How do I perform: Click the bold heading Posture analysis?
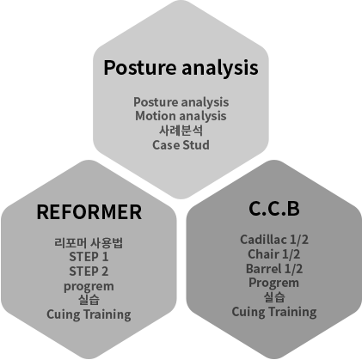click(181, 68)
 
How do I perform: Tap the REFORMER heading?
click(89, 212)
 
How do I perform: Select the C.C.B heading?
click(274, 208)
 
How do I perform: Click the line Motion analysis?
click(181, 116)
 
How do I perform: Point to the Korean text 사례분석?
click(181, 131)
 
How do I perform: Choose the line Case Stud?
click(181, 145)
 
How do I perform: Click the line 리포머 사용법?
click(89, 243)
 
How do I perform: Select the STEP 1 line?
click(89, 257)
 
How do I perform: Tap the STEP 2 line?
click(89, 272)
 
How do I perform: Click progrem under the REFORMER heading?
click(89, 286)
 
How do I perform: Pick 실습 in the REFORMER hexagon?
click(89, 300)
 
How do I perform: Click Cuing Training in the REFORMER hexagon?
click(89, 314)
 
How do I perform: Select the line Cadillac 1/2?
click(274, 240)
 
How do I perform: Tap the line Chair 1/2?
click(274, 254)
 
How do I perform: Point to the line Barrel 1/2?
click(274, 269)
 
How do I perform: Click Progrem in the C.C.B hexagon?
click(274, 284)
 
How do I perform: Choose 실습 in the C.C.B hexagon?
click(274, 297)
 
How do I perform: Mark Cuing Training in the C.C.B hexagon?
click(274, 312)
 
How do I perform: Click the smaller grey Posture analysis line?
click(181, 102)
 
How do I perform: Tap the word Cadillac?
click(263, 240)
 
